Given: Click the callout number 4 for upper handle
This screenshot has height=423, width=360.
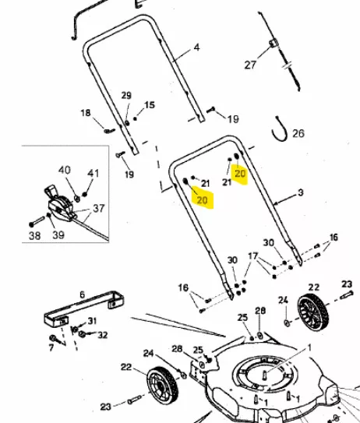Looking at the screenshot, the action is pyautogui.click(x=196, y=48).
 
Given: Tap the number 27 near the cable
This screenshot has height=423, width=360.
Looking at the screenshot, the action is pyautogui.click(x=250, y=65).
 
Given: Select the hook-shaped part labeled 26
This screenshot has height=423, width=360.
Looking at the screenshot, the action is pyautogui.click(x=279, y=129).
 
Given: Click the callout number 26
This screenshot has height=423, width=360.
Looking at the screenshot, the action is pyautogui.click(x=298, y=133).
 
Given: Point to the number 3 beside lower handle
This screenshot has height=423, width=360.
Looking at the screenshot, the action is pyautogui.click(x=301, y=192).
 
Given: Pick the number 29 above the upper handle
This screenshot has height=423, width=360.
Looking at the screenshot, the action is pyautogui.click(x=126, y=96).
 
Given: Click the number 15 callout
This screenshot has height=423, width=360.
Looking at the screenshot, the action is pyautogui.click(x=150, y=105).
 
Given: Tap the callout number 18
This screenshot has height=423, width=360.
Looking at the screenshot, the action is pyautogui.click(x=86, y=113).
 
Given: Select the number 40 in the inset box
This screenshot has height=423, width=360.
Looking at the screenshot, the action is pyautogui.click(x=65, y=170).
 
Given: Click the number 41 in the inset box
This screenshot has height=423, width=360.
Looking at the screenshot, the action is pyautogui.click(x=93, y=173).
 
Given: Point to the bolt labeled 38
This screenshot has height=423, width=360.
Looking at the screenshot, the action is pyautogui.click(x=37, y=221).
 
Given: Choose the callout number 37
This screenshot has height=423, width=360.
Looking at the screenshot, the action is pyautogui.click(x=99, y=208).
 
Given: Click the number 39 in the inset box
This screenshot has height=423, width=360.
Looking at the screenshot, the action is pyautogui.click(x=58, y=235).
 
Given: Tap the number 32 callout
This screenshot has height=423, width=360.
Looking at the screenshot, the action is pyautogui.click(x=103, y=335).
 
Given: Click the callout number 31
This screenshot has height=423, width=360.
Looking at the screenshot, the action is pyautogui.click(x=92, y=321).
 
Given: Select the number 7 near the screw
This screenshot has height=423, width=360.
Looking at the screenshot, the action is pyautogui.click(x=51, y=347).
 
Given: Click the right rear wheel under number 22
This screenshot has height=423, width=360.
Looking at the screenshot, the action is pyautogui.click(x=313, y=312).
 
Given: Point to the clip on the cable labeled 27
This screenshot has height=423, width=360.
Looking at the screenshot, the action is pyautogui.click(x=273, y=44).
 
